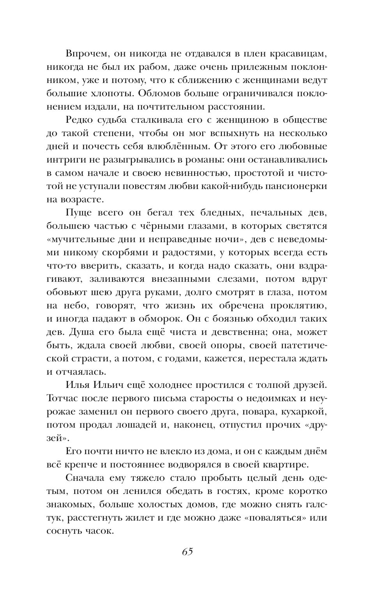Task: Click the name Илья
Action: coord(79,385)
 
